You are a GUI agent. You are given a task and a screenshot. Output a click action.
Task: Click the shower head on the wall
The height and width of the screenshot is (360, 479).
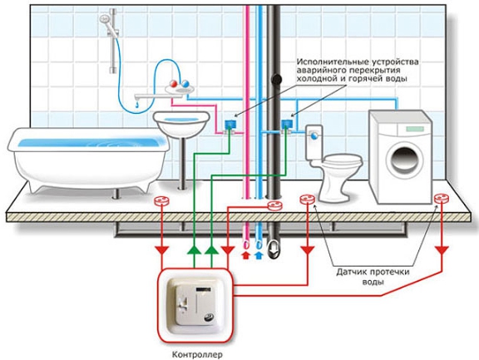point(105,20)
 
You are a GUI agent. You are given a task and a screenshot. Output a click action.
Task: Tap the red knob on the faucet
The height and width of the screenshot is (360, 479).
point(173,83)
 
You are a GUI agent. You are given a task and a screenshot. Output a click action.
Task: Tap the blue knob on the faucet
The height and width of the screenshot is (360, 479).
point(185,83)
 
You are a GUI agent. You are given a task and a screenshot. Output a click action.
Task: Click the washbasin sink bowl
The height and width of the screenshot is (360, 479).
point(181,122)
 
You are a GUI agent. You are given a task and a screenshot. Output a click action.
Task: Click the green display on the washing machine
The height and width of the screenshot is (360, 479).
point(415,129)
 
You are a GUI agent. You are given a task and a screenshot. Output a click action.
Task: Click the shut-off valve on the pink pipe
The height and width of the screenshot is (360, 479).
point(230,126)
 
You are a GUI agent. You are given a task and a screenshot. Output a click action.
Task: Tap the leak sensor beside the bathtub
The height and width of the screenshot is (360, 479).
point(162,200)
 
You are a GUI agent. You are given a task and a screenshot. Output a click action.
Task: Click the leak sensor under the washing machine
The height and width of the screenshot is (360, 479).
point(442,199)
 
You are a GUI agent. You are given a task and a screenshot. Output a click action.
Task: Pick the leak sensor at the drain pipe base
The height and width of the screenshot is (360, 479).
point(275,205)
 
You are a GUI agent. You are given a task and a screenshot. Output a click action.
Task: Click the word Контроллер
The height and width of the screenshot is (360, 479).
point(197,355)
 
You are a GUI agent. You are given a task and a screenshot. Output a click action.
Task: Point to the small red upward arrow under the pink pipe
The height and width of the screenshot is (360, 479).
point(245,255)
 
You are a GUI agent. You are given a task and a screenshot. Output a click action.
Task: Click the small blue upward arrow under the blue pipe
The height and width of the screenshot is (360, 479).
point(259,255)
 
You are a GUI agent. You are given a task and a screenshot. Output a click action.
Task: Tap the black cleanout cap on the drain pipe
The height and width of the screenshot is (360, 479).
point(276,79)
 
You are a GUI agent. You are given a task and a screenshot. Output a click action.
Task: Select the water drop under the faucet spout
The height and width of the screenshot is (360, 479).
point(137,106)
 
